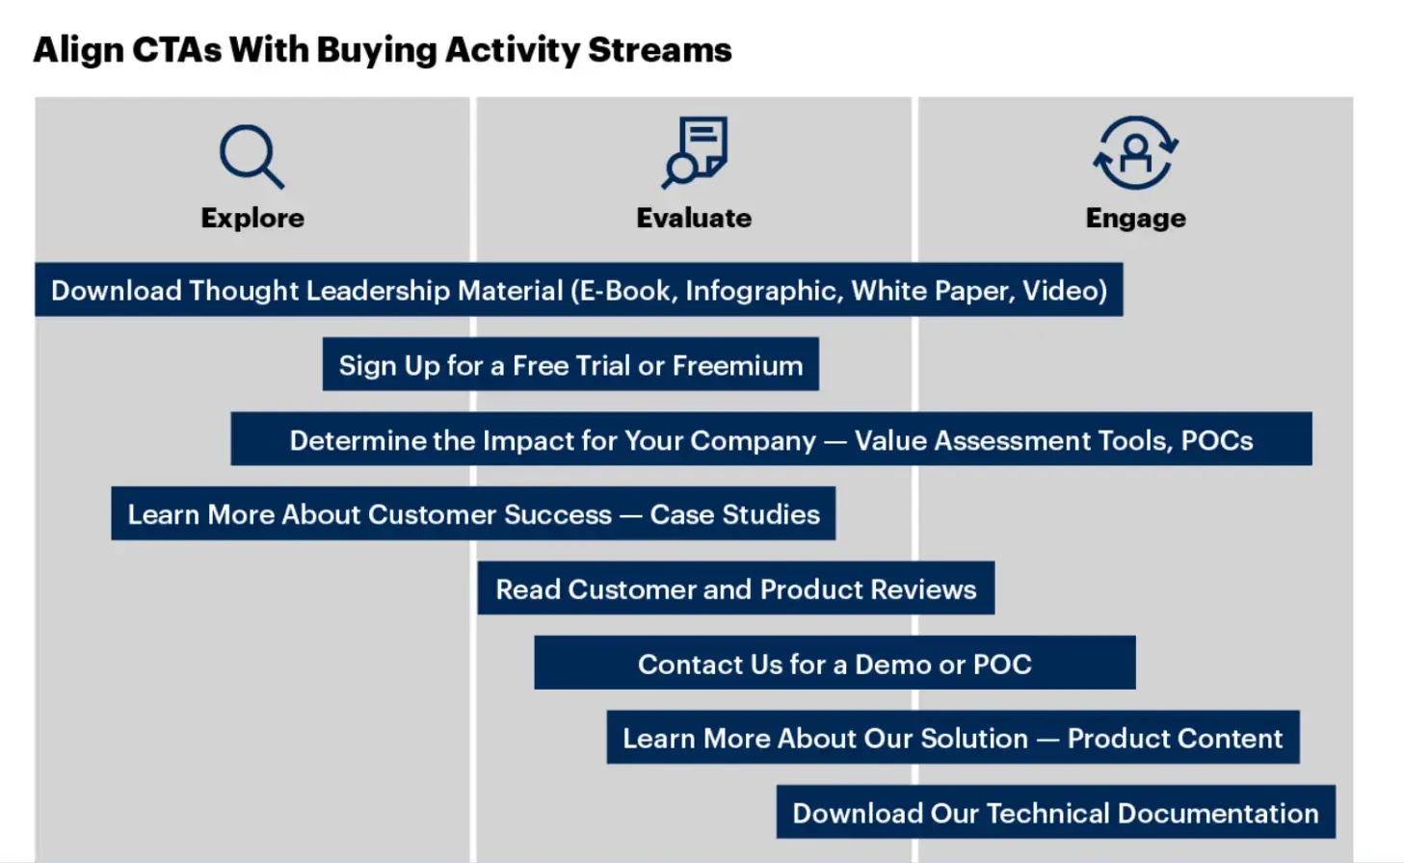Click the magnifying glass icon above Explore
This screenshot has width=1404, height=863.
(251, 155)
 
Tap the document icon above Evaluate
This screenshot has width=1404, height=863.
(695, 151)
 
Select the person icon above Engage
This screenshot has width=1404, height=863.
(1135, 152)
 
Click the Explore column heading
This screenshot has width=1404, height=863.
(252, 218)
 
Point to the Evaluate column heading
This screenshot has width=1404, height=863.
(694, 218)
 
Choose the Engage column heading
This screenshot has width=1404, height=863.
(1135, 218)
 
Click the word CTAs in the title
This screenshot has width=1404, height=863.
(176, 49)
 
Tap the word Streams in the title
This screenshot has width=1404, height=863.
(659, 49)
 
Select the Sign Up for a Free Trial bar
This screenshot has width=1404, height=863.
(570, 365)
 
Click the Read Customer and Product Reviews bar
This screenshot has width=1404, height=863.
(736, 588)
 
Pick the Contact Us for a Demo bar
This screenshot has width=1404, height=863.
(834, 664)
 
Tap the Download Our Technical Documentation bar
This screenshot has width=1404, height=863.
(1055, 813)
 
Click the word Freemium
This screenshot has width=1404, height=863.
(737, 365)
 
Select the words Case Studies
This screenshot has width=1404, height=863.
(735, 514)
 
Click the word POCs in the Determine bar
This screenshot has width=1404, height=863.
(1217, 440)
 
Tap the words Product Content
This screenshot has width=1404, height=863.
(1175, 738)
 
